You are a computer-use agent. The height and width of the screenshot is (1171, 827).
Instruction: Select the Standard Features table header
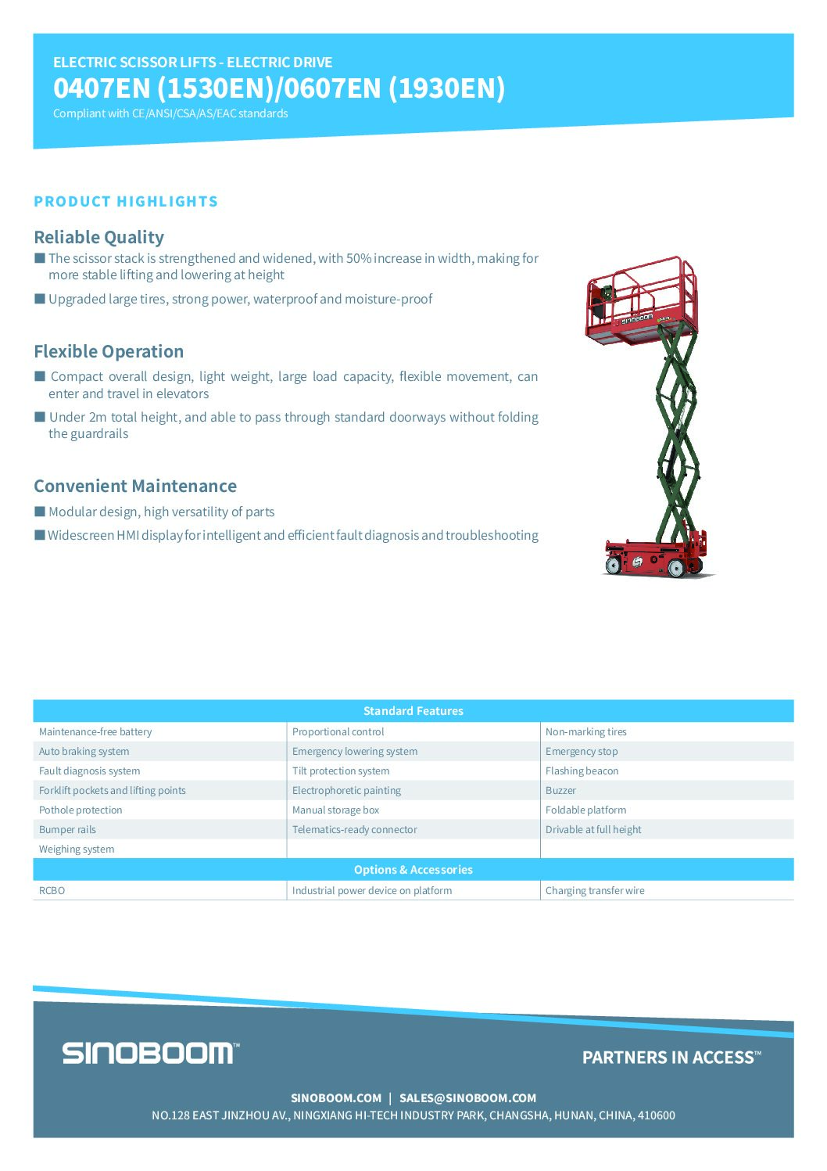point(413,711)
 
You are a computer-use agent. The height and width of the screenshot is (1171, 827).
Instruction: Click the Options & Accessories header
point(413,870)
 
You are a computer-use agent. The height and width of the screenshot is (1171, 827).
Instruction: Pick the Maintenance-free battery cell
point(95,732)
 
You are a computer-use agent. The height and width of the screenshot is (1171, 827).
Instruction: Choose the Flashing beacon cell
point(582,771)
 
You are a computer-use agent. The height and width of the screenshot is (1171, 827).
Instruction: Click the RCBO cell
point(52,891)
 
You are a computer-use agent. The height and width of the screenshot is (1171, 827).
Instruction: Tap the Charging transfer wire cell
point(595,891)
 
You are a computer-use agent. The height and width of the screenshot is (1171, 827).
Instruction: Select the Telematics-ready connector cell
point(354,830)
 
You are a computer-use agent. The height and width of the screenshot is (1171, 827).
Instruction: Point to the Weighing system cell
point(77,850)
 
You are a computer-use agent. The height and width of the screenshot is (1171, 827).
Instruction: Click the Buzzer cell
point(560,791)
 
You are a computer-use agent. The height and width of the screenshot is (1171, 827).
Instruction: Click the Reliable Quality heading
point(99,237)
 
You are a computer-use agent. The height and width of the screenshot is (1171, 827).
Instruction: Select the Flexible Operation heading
point(109,351)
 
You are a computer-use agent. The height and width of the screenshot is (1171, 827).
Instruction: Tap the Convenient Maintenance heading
point(135,486)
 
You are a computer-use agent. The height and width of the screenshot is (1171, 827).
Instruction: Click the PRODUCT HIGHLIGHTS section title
point(126,202)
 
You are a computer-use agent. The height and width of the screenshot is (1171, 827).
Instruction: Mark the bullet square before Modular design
point(40,512)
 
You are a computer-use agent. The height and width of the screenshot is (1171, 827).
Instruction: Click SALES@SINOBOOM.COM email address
point(467,1098)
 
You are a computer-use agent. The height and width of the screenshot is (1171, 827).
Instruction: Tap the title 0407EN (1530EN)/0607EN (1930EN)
point(279,88)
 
